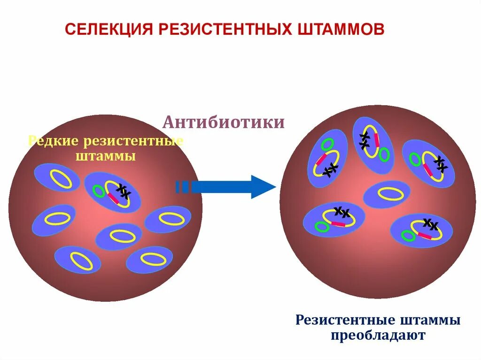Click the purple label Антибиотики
tap(224, 123)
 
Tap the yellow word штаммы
tap(106, 156)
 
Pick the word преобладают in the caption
tap(378, 336)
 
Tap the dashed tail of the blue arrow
tap(182, 187)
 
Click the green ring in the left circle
tap(99, 191)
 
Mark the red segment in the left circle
tap(113, 198)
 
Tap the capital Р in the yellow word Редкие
tap(33, 141)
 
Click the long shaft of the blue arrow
tap(221, 187)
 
